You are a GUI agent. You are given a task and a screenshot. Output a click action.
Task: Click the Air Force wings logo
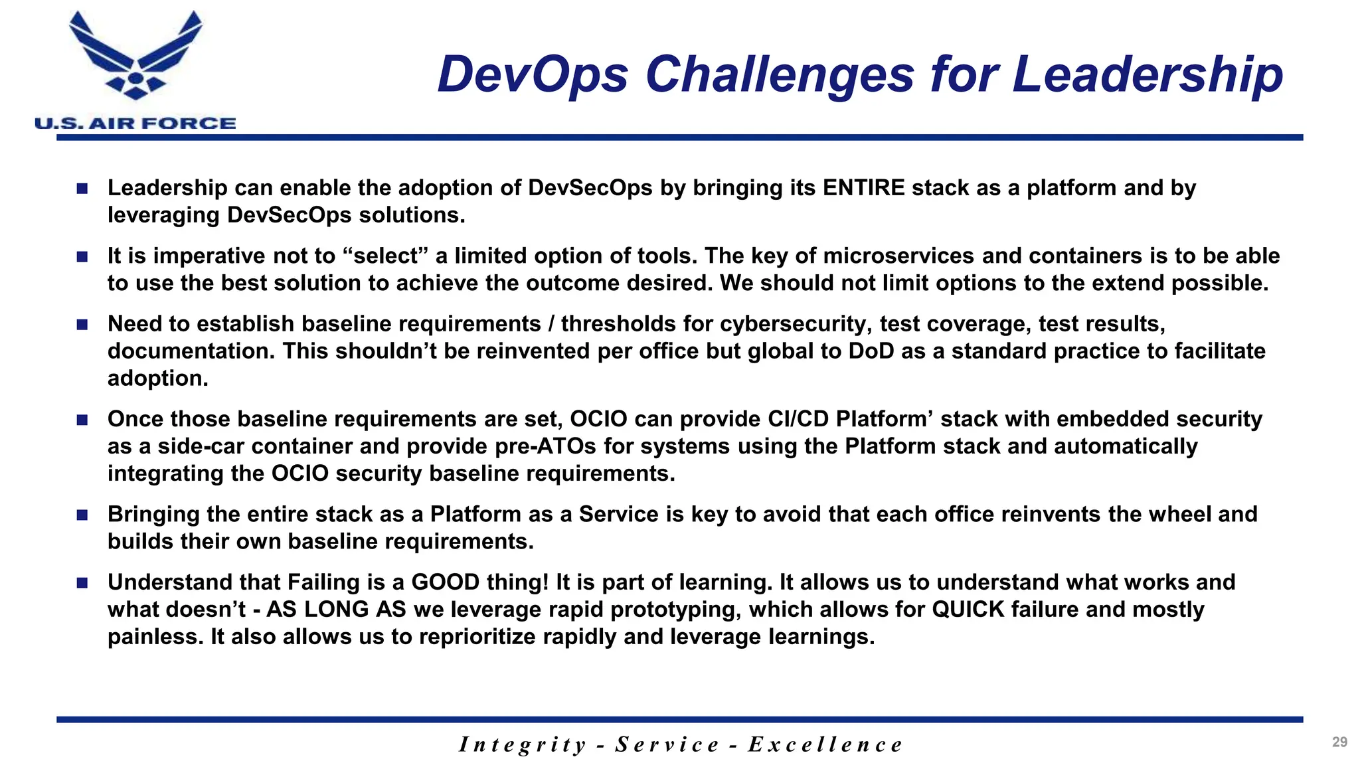pos(135,56)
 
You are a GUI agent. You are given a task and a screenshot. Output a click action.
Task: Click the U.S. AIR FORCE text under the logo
pos(135,124)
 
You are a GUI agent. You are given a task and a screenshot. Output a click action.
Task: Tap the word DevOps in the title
pos(533,74)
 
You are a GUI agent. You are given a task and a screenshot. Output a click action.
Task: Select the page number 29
pos(1339,742)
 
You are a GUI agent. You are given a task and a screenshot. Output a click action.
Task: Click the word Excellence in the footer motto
pos(825,744)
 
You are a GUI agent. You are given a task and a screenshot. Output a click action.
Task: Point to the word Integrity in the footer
pos(523,744)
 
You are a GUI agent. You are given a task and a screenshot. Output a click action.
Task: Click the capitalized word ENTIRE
pos(863,188)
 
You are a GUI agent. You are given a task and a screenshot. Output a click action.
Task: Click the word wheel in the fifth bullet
pos(1178,514)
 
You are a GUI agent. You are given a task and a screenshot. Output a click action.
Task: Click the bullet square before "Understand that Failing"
pos(82,583)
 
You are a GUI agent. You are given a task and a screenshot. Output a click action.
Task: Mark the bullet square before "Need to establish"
pos(82,325)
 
